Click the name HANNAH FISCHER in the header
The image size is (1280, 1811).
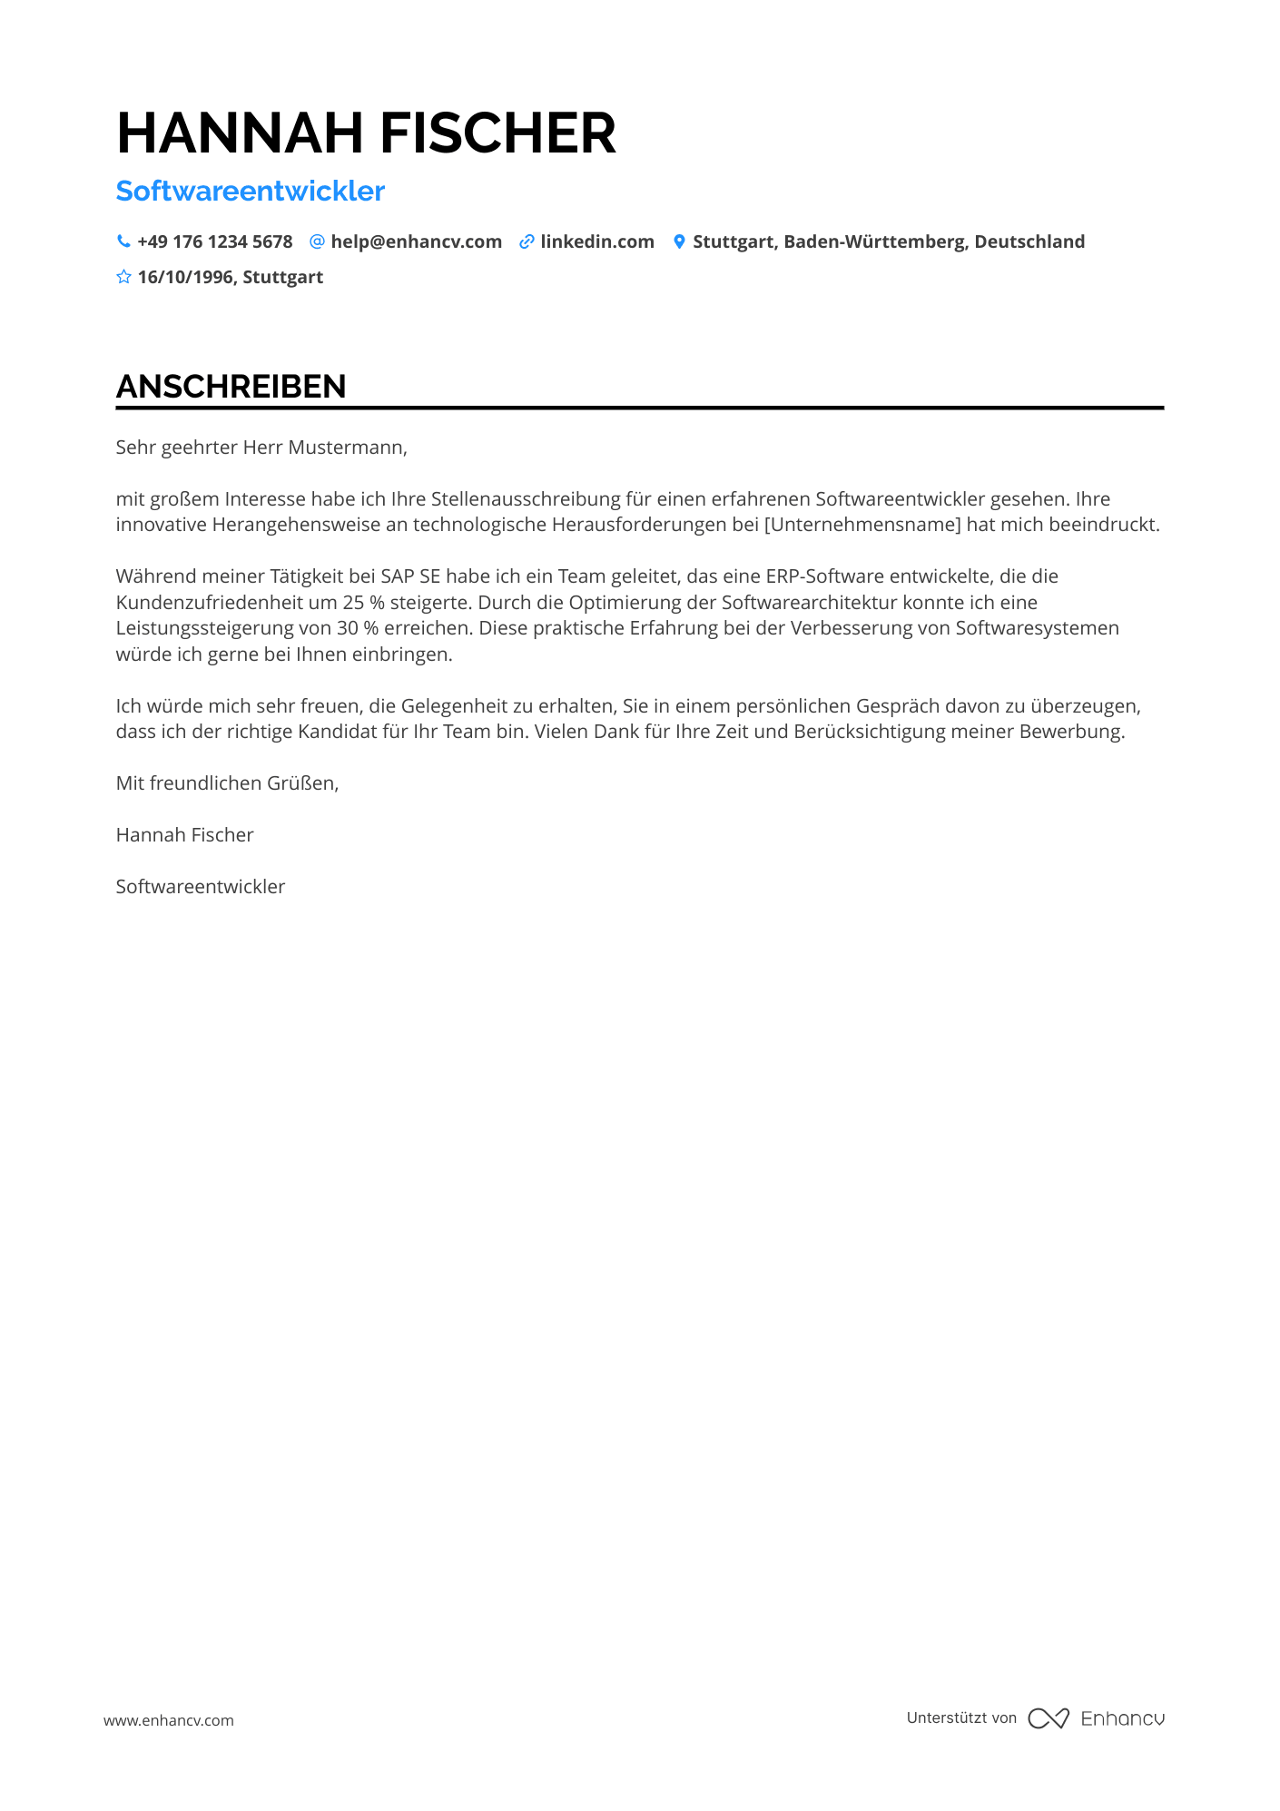click(366, 133)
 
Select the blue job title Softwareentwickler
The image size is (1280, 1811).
click(251, 191)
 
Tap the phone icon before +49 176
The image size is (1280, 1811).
click(123, 241)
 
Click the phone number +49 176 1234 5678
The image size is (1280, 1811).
click(215, 241)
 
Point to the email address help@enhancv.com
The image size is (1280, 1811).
click(416, 241)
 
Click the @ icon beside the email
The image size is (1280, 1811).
click(317, 241)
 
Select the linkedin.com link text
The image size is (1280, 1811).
click(597, 241)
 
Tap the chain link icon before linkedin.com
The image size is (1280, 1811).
click(527, 241)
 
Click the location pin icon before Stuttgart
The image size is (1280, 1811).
click(679, 241)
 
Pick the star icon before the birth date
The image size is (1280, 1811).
click(123, 277)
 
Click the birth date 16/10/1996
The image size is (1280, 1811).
click(186, 277)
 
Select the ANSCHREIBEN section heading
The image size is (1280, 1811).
click(231, 387)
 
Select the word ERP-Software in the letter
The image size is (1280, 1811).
click(824, 576)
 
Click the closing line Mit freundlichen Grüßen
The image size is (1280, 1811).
click(227, 782)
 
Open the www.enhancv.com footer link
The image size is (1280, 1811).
click(169, 1720)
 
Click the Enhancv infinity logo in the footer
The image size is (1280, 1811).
click(1049, 1718)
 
